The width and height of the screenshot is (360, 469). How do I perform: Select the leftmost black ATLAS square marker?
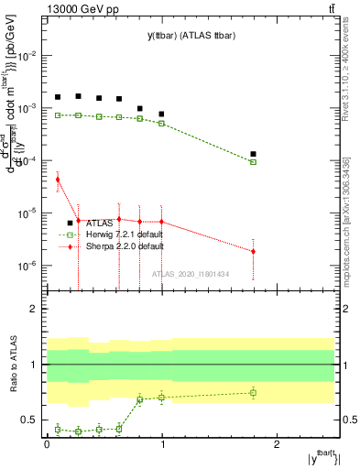pos(58,97)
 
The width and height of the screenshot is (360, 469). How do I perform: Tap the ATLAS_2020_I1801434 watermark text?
pos(190,274)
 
